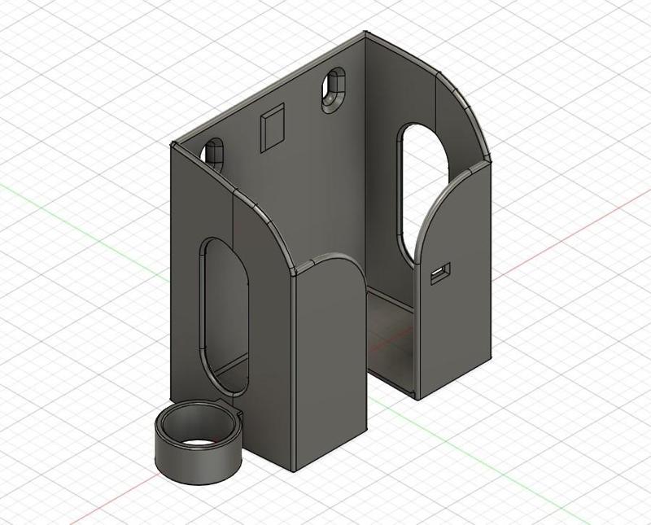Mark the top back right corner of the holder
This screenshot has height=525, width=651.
364,34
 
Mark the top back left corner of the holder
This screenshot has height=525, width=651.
173,145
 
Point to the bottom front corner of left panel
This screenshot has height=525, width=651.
292,470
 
